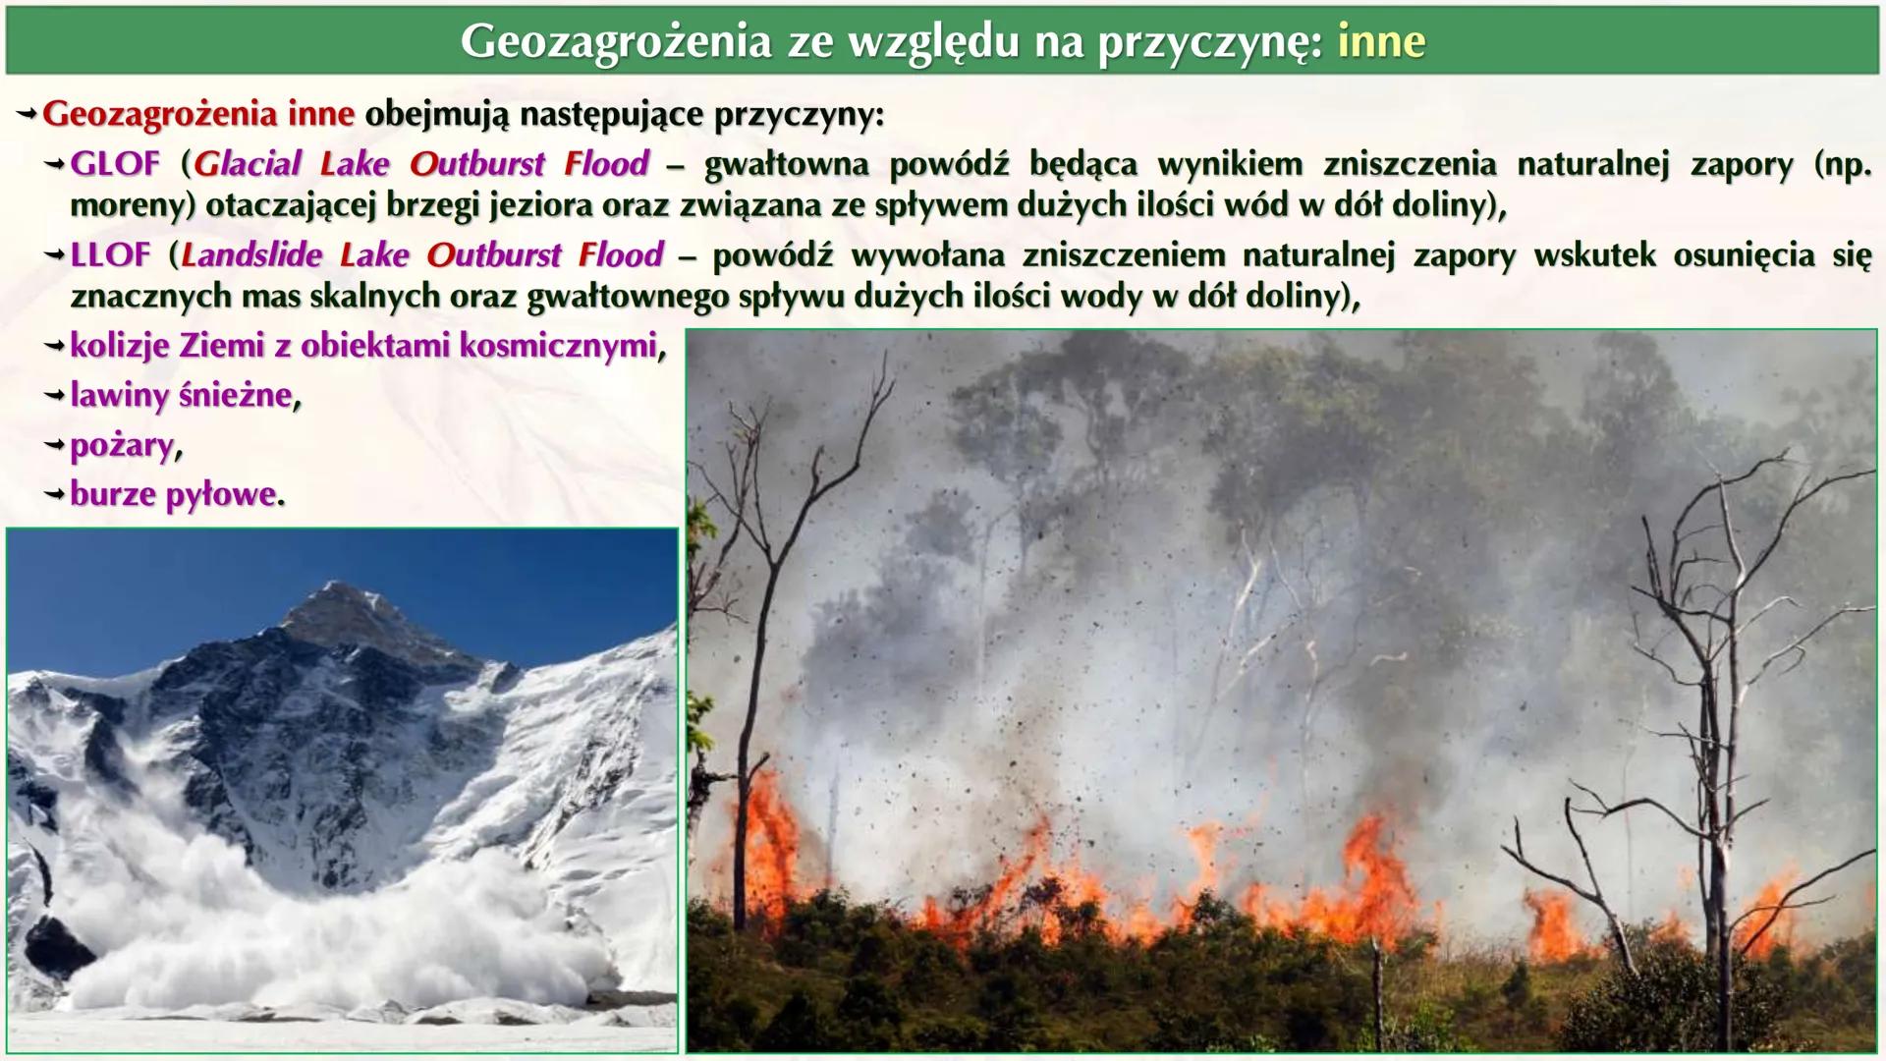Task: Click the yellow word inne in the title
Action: pos(1380,41)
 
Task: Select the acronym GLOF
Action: pos(114,164)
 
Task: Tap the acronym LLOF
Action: pos(110,255)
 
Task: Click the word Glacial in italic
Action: pos(248,164)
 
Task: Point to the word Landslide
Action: pos(251,255)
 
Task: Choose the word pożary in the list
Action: pos(121,446)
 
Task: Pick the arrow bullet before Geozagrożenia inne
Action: pos(27,115)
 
